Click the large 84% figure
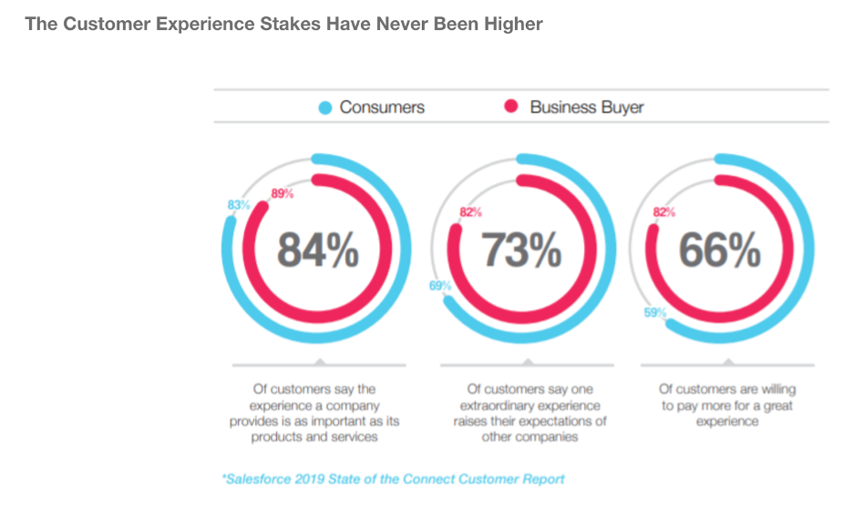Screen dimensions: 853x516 [x=318, y=250]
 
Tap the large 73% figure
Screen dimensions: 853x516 [x=521, y=250]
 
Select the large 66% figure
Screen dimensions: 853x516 [x=720, y=250]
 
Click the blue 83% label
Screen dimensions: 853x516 [x=238, y=205]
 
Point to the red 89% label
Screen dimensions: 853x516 [x=283, y=194]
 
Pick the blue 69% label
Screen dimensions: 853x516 [x=440, y=285]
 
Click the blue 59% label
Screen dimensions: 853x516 [x=655, y=313]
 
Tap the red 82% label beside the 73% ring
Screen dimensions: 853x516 [x=470, y=212]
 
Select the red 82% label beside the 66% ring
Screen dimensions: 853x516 [x=664, y=212]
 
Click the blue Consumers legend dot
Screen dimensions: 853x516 [x=325, y=108]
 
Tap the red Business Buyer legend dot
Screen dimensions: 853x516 [x=511, y=106]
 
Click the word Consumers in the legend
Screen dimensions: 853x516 [x=382, y=108]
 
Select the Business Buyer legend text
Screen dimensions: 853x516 [x=587, y=108]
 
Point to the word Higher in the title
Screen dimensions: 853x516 [x=514, y=25]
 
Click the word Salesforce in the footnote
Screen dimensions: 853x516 [x=259, y=480]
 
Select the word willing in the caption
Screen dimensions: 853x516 [x=778, y=389]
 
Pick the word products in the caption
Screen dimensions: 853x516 [x=274, y=437]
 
